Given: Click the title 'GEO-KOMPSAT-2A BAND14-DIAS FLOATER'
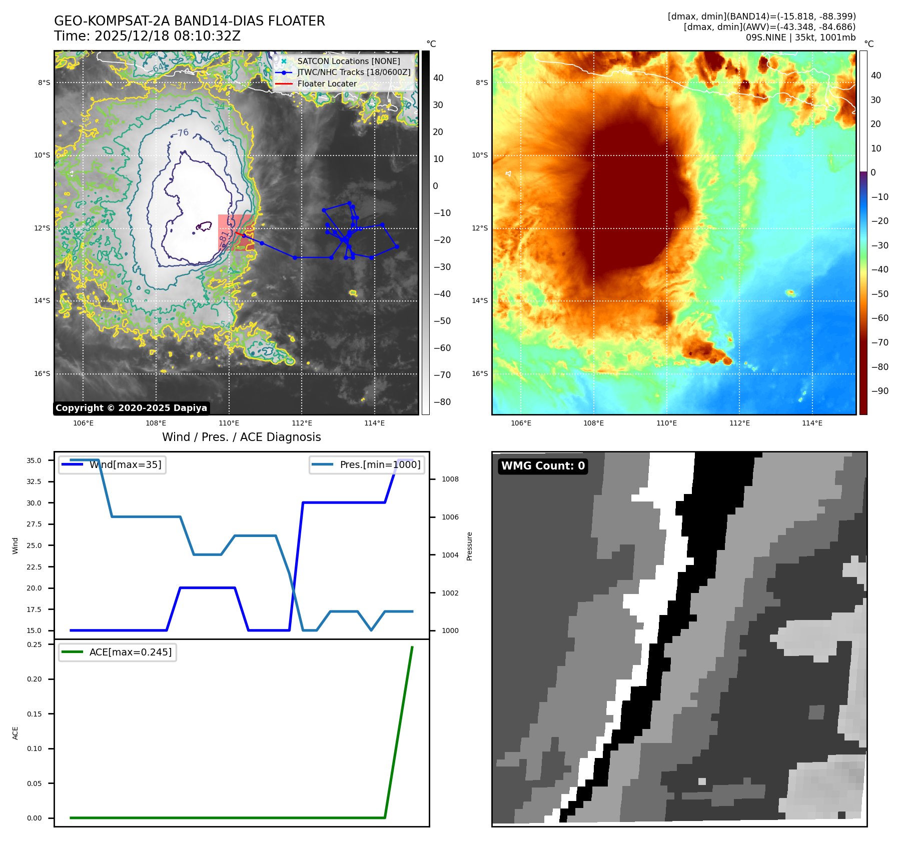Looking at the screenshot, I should tap(189, 21).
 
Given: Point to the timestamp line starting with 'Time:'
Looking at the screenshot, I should tap(147, 36).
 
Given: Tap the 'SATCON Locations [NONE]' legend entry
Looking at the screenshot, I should tap(348, 61).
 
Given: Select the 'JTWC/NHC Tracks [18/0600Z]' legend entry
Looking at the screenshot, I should tap(354, 72).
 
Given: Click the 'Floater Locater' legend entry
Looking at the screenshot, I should tap(327, 83).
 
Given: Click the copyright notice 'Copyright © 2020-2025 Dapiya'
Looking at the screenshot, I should tap(131, 408).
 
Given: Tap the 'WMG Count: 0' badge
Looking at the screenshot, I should tap(543, 466).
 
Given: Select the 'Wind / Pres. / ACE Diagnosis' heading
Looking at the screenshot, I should tap(241, 437).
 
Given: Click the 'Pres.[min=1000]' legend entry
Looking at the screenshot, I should tap(380, 464).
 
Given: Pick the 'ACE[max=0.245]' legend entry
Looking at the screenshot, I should tap(130, 652).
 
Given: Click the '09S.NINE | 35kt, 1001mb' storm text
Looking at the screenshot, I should tap(800, 37).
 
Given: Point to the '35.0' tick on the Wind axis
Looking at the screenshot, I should tap(34, 460).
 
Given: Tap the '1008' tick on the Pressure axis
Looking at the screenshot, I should tap(450, 479).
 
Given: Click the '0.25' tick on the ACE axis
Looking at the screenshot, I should tap(34, 644).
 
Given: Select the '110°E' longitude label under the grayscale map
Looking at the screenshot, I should tap(229, 423).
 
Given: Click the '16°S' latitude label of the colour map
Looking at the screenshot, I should tap(479, 373).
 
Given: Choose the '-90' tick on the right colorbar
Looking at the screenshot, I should tap(879, 391).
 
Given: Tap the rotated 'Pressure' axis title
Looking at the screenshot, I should tap(469, 546).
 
